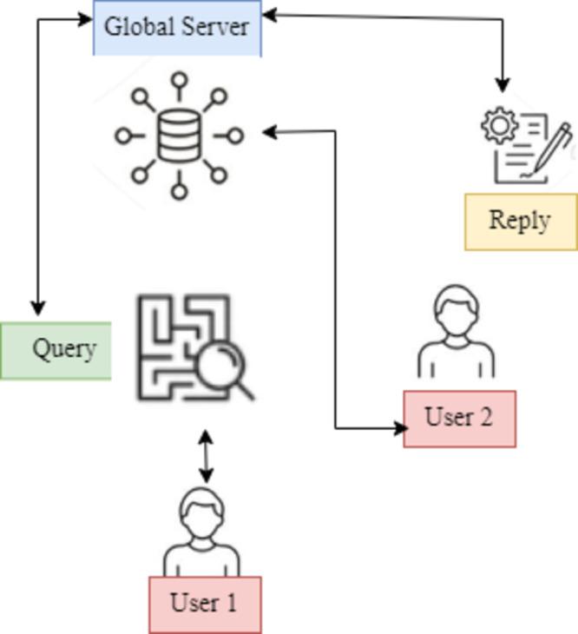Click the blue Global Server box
[x=177, y=28]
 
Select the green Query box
[x=56, y=351]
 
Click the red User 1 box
[x=205, y=604]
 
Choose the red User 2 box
[x=459, y=419]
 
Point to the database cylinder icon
[x=178, y=136]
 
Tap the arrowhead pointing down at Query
[x=37, y=307]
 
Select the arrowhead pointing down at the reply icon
[x=502, y=84]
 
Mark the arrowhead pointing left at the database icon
[x=270, y=132]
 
